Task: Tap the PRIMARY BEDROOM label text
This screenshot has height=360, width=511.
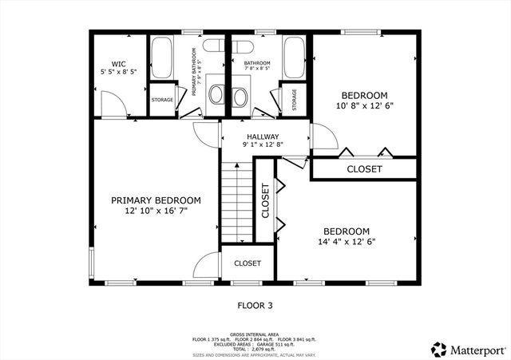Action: tap(156, 200)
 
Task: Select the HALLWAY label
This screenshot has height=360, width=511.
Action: tap(262, 136)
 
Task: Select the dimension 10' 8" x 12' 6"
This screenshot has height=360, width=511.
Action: tap(364, 105)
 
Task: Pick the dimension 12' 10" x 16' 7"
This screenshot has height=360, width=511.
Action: tap(156, 212)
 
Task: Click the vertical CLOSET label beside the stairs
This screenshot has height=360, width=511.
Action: tap(264, 200)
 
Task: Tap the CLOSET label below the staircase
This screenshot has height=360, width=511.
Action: tap(248, 263)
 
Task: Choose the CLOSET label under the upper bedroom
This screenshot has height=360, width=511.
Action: tap(364, 169)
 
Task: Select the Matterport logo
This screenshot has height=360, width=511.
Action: tap(469, 349)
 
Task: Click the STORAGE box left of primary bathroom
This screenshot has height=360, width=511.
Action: tap(162, 100)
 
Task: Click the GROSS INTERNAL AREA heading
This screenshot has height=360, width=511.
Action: tap(255, 334)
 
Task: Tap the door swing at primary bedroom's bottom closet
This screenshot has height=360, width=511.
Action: tap(207, 265)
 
